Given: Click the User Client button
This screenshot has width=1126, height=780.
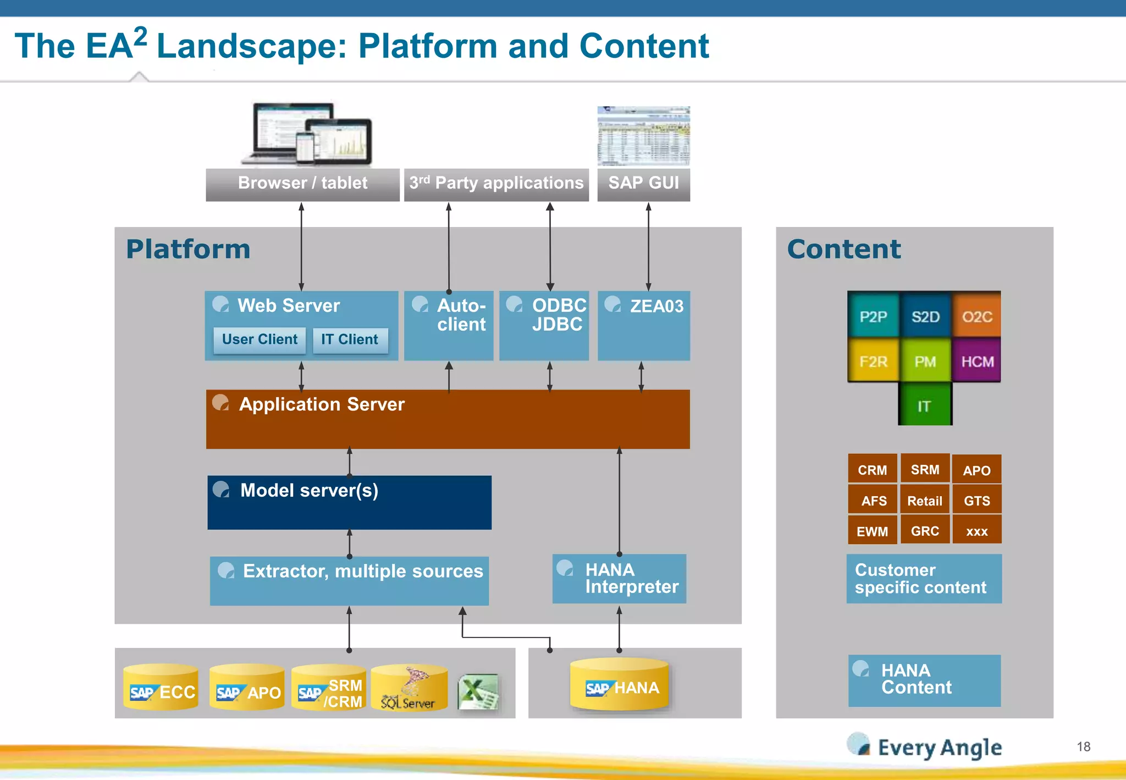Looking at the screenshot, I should click(260, 339).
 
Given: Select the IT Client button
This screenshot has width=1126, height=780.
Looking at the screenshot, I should click(350, 339).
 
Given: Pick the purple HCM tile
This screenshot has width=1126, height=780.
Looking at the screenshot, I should click(977, 361).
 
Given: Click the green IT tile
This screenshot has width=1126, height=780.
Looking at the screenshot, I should click(925, 405).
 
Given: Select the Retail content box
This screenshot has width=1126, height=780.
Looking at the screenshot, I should click(925, 501).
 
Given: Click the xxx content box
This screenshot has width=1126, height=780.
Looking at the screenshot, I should click(977, 531).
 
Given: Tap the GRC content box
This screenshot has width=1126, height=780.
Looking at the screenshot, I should click(925, 531).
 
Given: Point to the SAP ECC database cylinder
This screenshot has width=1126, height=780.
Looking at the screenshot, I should click(161, 688).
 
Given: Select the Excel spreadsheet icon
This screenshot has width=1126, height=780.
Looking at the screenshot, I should click(478, 691).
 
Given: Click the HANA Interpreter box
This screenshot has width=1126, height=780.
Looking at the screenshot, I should click(619, 579).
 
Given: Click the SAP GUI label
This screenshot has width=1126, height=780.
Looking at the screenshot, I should click(643, 184).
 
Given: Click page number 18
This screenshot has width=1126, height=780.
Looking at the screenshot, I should click(1083, 746).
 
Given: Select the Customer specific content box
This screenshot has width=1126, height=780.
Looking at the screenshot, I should click(924, 579).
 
